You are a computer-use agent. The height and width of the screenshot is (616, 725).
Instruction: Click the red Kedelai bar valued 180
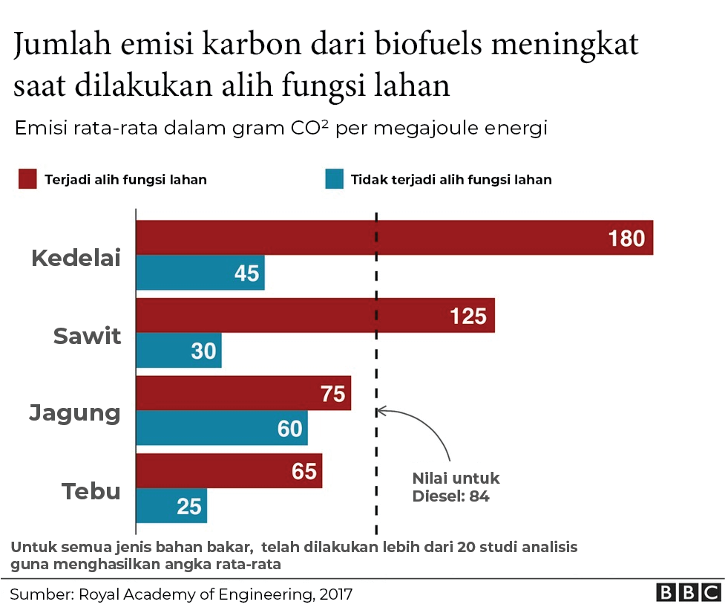point(394,238)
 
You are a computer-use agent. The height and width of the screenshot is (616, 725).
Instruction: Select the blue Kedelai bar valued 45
point(200,273)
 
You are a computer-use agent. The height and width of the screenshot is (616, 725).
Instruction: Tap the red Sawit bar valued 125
point(315,316)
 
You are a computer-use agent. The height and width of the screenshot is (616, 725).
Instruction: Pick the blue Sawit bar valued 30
point(178,350)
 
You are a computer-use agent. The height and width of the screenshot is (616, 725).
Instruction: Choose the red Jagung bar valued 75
point(243,393)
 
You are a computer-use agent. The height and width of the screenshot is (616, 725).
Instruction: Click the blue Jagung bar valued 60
point(221,428)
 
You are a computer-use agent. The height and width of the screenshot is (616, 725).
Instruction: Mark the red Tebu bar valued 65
point(229,471)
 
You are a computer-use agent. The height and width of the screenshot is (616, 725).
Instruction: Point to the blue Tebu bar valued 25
point(171,506)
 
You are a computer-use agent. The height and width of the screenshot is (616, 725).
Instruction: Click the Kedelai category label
point(76,259)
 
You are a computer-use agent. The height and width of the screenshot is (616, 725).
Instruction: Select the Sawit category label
point(87,336)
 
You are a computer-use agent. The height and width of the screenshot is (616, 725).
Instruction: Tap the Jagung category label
point(75,412)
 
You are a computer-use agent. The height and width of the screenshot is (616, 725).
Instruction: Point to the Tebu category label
point(91,491)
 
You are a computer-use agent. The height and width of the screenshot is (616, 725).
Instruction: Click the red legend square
point(27,179)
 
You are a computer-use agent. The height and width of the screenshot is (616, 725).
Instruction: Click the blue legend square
point(334,179)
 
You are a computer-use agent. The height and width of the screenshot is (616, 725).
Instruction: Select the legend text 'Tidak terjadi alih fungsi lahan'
point(451,180)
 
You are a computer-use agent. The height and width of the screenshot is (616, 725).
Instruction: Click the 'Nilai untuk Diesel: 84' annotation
point(455,487)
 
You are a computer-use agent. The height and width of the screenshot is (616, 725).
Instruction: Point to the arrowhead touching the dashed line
point(381,409)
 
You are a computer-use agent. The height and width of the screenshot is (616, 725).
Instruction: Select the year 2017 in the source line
point(334,594)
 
